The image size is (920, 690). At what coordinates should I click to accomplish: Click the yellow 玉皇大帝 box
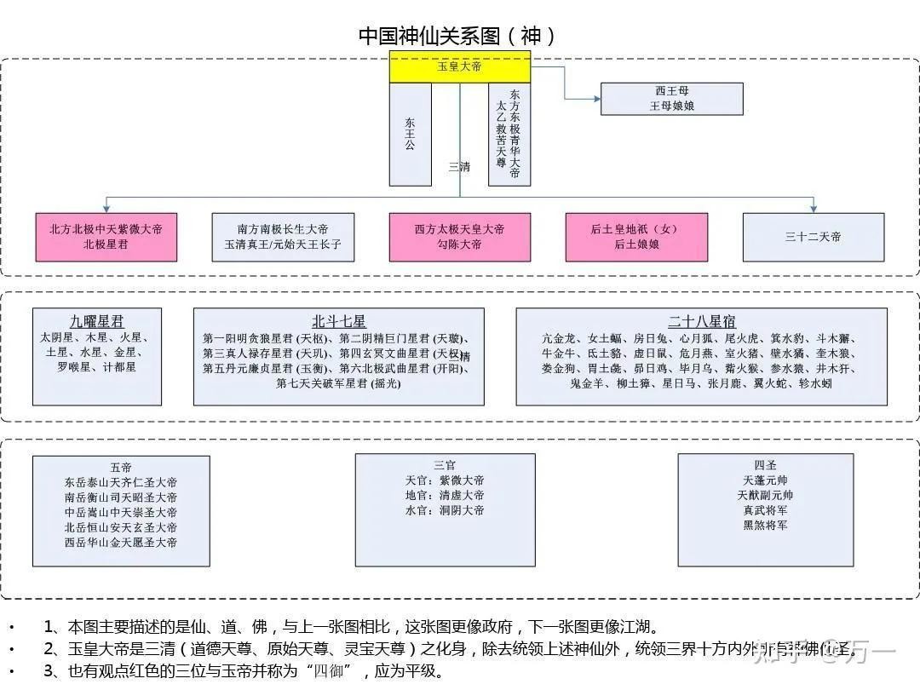coord(460,66)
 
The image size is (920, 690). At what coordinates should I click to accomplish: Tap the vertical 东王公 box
coord(411,134)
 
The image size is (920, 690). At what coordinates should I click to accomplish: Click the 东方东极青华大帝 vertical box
coord(509,134)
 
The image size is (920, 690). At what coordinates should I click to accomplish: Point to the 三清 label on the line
coord(459,167)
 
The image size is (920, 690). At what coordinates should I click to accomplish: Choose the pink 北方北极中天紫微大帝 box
coord(106,237)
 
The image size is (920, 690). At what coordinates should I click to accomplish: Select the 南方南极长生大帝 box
coord(283,237)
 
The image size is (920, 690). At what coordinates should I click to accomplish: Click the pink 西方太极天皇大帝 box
coord(460,237)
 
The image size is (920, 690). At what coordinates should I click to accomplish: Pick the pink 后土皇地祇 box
coord(635,237)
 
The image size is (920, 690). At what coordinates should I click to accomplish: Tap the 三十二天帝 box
coord(813,237)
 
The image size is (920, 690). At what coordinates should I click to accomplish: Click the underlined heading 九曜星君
coord(96,322)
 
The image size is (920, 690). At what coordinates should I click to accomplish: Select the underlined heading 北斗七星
coord(338,322)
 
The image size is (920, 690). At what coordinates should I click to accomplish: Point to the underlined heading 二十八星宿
coord(702,322)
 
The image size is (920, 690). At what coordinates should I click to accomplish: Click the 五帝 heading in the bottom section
coord(121,467)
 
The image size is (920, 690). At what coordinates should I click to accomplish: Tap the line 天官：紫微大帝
coord(445,480)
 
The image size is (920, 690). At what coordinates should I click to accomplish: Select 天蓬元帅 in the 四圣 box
coord(765,480)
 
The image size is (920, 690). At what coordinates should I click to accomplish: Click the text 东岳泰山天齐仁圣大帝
coord(121,482)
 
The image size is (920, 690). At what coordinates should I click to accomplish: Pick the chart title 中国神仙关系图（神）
coord(459,36)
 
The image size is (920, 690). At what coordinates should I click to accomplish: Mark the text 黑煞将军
coord(765,526)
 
